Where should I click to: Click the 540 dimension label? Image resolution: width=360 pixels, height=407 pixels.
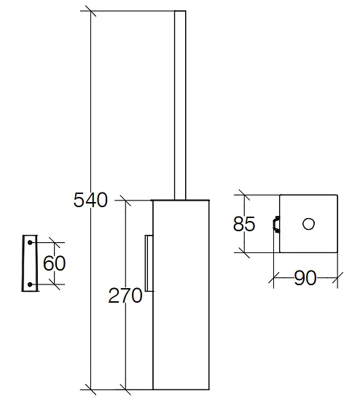point(90,200)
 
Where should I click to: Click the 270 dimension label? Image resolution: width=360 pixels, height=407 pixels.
point(125,295)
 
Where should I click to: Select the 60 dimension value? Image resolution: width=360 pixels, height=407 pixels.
point(54,263)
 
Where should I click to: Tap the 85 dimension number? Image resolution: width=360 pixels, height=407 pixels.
point(244,224)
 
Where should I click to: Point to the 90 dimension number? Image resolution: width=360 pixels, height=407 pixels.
point(305,278)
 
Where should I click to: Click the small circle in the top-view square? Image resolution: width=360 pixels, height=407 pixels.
point(309,224)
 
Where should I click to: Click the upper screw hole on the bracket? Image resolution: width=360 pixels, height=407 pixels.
point(30,242)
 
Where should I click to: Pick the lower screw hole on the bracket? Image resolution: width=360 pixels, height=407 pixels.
point(30,284)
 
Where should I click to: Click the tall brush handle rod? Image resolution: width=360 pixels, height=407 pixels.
point(180,105)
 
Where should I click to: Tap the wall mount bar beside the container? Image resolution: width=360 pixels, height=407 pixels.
point(149,263)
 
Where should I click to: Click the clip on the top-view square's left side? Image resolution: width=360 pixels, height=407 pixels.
point(276,224)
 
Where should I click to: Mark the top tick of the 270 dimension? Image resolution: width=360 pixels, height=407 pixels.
point(125,201)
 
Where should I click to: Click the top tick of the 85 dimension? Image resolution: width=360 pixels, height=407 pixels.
point(244,195)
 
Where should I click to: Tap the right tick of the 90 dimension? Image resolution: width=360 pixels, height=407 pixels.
point(337,278)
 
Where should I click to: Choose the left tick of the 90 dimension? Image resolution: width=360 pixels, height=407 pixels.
point(274,278)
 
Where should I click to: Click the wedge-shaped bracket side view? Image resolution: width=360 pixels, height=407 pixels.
point(30,263)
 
